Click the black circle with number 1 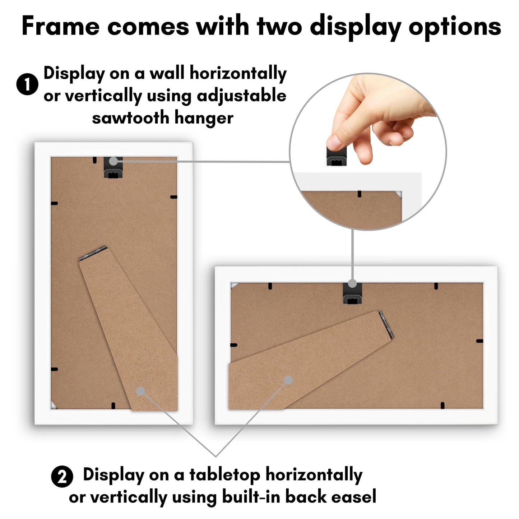coord(27,84)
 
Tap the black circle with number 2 coord(62,477)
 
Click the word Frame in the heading coord(60,27)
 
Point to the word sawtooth coord(130,118)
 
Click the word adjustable coord(241,96)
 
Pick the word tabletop coord(225,475)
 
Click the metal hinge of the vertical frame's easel coord(93,253)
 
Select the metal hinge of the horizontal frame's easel coord(386,325)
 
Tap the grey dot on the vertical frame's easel coord(140,391)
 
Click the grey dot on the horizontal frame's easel coord(288,380)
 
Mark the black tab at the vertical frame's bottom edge coord(113,406)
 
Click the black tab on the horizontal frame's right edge coord(479,341)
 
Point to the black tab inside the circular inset coord(359,194)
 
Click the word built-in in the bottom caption coord(251,497)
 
